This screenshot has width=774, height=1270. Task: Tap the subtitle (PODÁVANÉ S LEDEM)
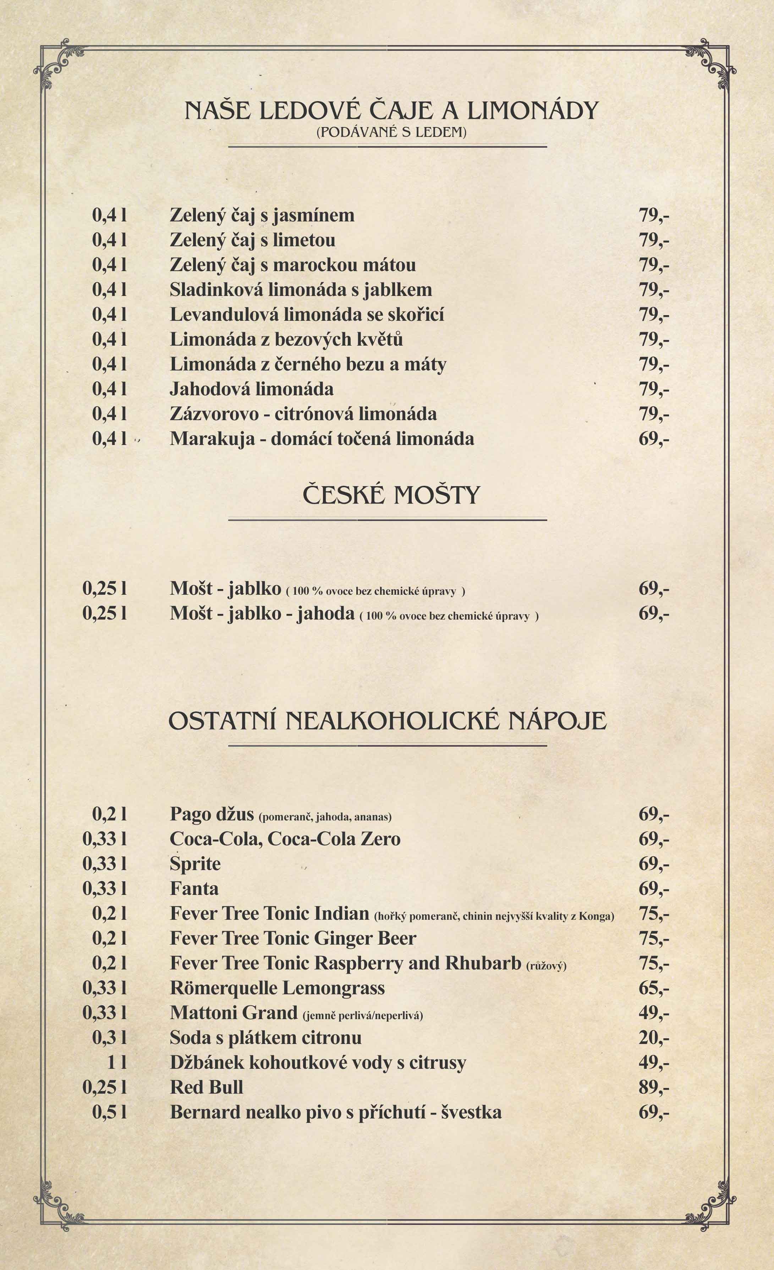point(391,132)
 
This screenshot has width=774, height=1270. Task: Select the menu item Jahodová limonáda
point(252,389)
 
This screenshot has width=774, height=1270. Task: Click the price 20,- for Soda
point(653,1038)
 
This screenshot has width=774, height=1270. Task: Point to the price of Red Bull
point(653,1088)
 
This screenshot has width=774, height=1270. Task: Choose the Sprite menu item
point(195,864)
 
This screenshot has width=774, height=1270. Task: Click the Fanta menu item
point(194,889)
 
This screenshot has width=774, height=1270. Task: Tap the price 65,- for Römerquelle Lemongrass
point(653,988)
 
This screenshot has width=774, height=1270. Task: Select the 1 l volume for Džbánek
point(117,1063)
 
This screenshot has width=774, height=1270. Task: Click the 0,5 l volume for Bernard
point(109,1112)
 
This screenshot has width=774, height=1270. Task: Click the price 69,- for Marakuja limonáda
point(653,439)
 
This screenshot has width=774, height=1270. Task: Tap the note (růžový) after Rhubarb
point(546,966)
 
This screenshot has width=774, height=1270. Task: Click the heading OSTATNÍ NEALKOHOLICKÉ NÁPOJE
point(388,721)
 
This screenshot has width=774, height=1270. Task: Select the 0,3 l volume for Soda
point(109,1038)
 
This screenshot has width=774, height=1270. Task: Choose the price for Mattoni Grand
point(653,1013)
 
